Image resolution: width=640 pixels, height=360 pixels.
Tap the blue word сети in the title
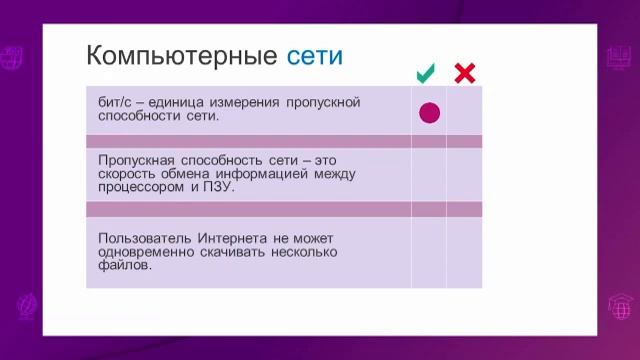(x=314, y=55)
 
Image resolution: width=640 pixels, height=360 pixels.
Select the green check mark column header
(x=426, y=73)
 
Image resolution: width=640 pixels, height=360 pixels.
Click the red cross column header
(x=464, y=73)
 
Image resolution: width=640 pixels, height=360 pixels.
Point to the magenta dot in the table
(x=429, y=113)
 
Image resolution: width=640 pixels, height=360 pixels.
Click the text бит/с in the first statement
(x=114, y=103)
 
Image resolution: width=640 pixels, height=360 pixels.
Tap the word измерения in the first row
(x=246, y=103)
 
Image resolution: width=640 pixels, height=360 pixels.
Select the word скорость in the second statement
(x=127, y=174)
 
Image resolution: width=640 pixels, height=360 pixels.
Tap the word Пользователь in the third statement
(x=141, y=239)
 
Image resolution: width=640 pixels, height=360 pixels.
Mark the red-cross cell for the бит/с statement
(x=464, y=111)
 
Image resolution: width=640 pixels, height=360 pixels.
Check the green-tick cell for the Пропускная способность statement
(x=428, y=175)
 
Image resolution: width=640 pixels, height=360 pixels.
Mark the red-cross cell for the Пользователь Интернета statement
(x=464, y=252)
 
